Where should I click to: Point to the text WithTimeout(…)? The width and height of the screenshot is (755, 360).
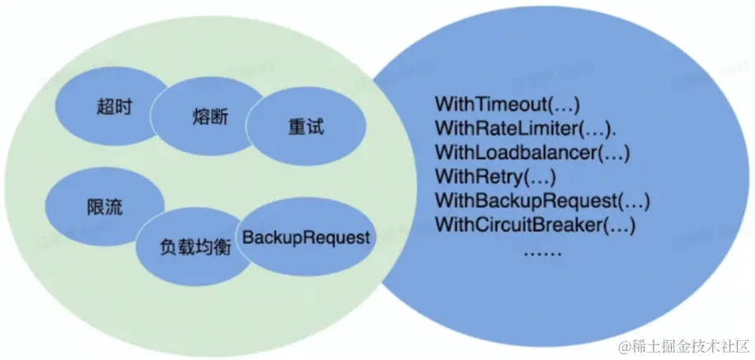(x=507, y=105)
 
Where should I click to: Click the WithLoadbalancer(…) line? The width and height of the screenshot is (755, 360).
(x=532, y=153)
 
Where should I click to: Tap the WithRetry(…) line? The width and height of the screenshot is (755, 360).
(x=495, y=176)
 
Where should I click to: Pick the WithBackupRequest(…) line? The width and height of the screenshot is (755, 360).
(x=542, y=200)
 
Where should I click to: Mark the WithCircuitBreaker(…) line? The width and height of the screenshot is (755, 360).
(x=536, y=224)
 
